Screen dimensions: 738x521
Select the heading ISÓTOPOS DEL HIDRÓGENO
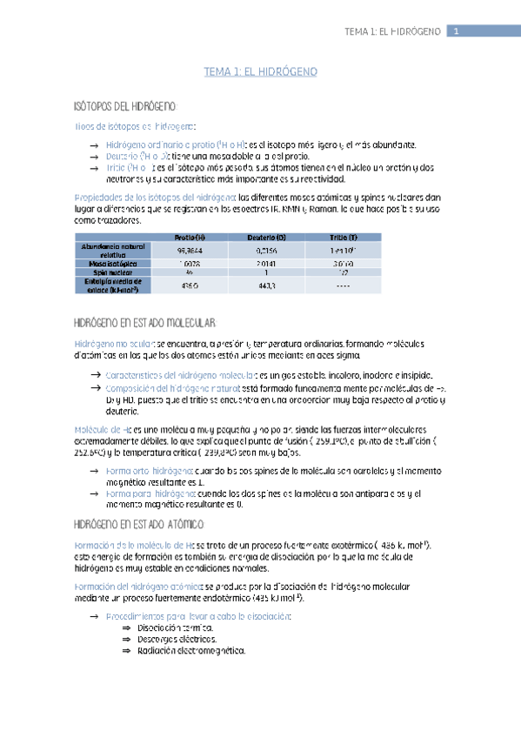[126, 106]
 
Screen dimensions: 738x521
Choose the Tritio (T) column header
[343, 238]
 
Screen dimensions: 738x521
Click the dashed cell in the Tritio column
[343, 285]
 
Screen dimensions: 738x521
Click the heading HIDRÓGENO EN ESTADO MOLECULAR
[139, 324]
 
